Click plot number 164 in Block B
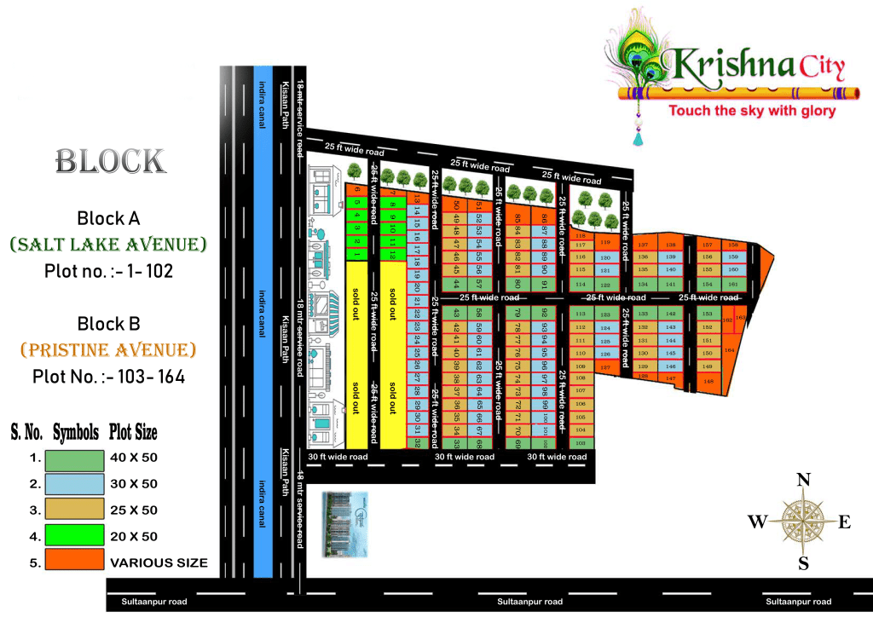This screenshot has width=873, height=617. pos(730,349)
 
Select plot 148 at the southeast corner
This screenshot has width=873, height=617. pos(707,366)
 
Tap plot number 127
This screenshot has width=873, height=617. pos(605,367)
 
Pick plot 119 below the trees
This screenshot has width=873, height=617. pos(605,242)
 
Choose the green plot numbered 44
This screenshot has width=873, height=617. pos(457,284)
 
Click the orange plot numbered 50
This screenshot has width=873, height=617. pos(457,205)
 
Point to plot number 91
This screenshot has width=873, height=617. pos(543,284)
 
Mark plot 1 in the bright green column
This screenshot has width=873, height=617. pos(357,253)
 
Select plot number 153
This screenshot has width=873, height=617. pos(707,314)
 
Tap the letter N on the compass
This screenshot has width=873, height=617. pos(803,481)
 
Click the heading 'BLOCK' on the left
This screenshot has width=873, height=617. pos(110,161)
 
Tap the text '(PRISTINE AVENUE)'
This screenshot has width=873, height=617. pos(108,349)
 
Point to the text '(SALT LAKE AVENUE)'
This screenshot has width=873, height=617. pos(108,245)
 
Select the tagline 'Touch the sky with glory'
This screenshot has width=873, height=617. pos(751,111)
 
